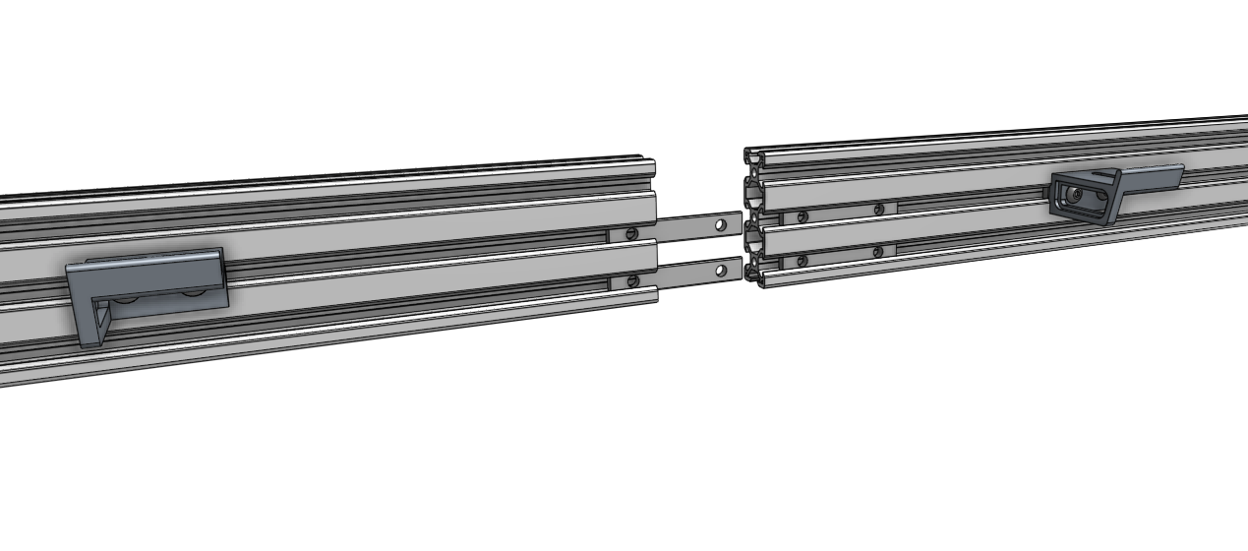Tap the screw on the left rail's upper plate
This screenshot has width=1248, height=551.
pyautogui.click(x=631, y=233)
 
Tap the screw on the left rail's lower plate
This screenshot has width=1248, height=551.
pyautogui.click(x=633, y=280)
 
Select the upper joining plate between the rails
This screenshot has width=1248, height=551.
pyautogui.click(x=688, y=227)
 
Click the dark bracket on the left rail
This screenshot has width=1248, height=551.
pyautogui.click(x=148, y=280)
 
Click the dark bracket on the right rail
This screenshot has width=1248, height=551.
pyautogui.click(x=1087, y=197)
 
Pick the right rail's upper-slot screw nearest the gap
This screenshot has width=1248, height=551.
pyautogui.click(x=803, y=216)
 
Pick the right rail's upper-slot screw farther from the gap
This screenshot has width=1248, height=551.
pyautogui.click(x=878, y=209)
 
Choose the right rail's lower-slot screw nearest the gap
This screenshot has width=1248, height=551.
pyautogui.click(x=802, y=260)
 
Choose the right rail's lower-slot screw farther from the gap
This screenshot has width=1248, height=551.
pyautogui.click(x=877, y=251)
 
